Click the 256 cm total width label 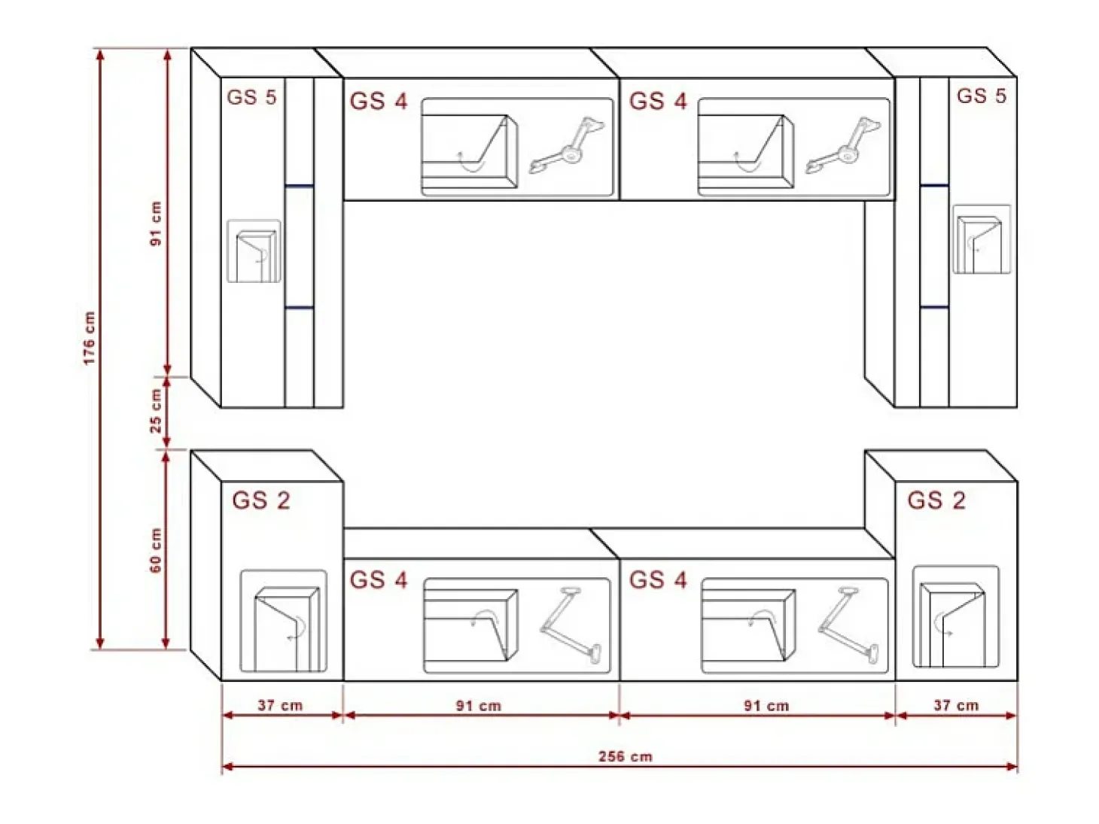coord(626,756)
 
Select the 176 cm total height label coord(89,338)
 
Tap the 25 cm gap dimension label coord(157,412)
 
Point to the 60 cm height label coord(157,550)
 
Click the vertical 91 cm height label coord(157,223)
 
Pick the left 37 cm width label coord(280,705)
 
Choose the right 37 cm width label coord(956,705)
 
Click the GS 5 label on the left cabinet coord(251,97)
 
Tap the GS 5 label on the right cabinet coord(981,96)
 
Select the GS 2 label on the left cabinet coord(261,500)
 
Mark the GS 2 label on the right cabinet coord(936,500)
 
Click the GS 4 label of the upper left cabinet coord(379,101)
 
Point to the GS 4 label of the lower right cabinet coord(658,580)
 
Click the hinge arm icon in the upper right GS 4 coord(843,145)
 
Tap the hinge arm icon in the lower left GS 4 coord(571,625)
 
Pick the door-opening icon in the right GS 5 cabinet coord(982,239)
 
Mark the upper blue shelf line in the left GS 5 coord(300,186)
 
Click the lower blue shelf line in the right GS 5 coord(934,307)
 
